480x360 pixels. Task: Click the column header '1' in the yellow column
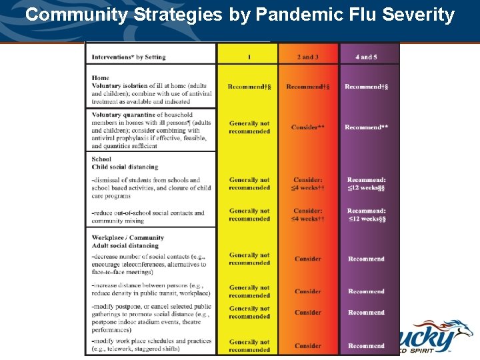(x=249, y=57)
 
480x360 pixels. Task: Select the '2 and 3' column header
(x=307, y=57)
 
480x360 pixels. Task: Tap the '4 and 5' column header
(x=366, y=57)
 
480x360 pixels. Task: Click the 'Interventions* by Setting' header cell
(x=129, y=57)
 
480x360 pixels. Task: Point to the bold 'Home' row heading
(x=101, y=78)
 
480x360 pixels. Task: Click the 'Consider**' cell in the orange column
(x=307, y=127)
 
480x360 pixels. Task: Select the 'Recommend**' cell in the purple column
(x=366, y=127)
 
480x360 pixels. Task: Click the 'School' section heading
(x=101, y=159)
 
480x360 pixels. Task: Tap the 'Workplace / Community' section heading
(x=128, y=237)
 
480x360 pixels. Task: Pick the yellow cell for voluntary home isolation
(x=249, y=87)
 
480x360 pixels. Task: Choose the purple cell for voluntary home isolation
(x=366, y=87)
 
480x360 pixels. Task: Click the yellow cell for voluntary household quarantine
(x=249, y=127)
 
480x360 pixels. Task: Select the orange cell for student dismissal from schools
(x=307, y=184)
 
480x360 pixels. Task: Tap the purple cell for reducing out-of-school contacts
(x=366, y=215)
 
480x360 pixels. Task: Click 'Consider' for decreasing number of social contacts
(x=307, y=259)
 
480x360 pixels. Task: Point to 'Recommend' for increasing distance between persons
(x=366, y=291)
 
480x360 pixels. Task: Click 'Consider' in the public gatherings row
(x=307, y=312)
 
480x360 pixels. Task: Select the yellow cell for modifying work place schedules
(x=249, y=345)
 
